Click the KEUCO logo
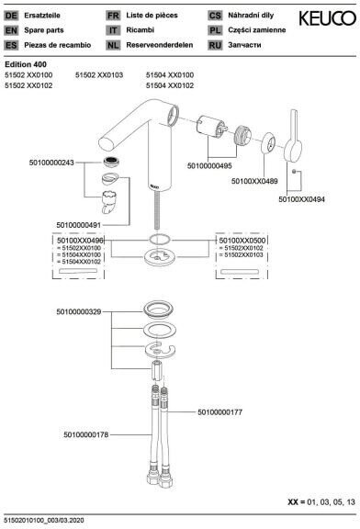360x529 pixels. [x=327, y=18]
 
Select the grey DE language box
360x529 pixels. [x=11, y=16]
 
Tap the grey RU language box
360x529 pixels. [x=215, y=45]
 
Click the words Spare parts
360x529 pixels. [x=44, y=30]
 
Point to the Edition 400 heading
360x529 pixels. [x=26, y=64]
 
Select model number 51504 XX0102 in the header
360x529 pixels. [x=170, y=85]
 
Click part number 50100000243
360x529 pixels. [x=51, y=163]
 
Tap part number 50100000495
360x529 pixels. [x=209, y=165]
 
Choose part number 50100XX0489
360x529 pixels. [x=254, y=181]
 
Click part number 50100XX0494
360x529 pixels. [x=301, y=199]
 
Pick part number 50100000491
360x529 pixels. [x=79, y=225]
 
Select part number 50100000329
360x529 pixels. [x=79, y=311]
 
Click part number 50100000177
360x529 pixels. [x=220, y=412]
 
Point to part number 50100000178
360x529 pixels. [x=86, y=435]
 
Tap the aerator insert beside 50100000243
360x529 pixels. [x=111, y=162]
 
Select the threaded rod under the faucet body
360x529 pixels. [x=157, y=212]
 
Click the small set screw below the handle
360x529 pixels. [x=294, y=172]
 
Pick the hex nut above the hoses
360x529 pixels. [x=157, y=370]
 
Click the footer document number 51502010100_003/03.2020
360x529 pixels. [x=44, y=521]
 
